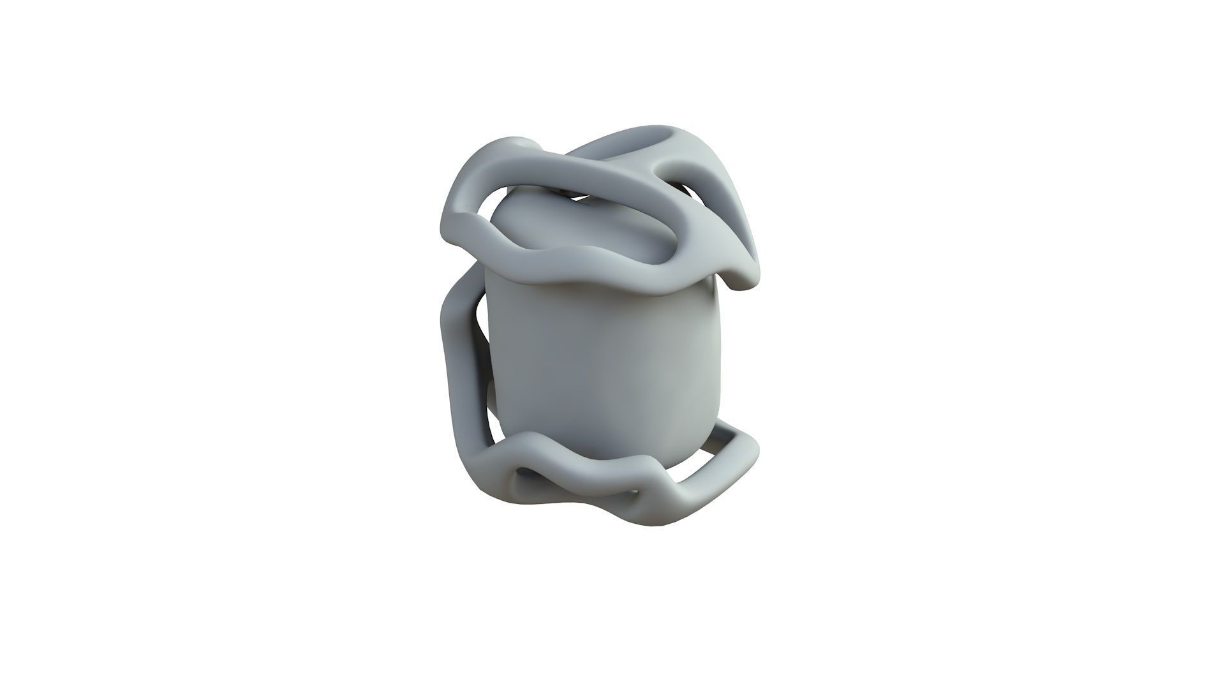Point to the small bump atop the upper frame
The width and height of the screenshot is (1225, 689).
click(x=520, y=144)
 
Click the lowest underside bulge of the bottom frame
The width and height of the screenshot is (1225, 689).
click(x=657, y=520)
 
